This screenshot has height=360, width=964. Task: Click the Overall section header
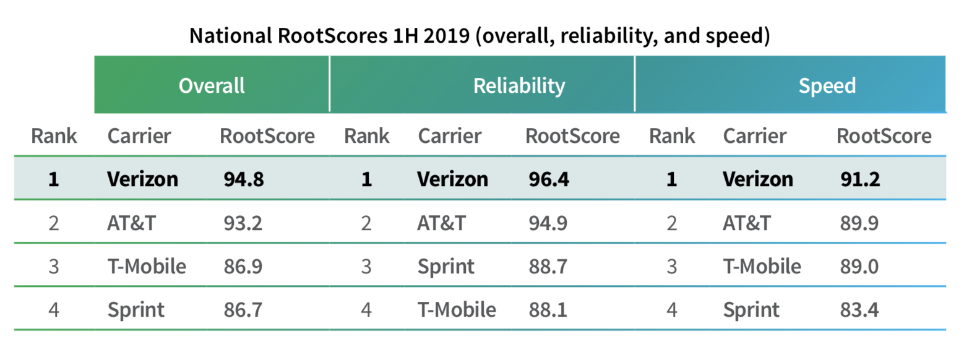tap(212, 85)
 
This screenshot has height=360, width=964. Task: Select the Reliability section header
tap(519, 85)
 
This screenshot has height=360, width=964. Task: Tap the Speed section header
tap(827, 85)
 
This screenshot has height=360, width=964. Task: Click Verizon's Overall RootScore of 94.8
tap(243, 179)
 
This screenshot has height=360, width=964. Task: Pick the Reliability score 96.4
tap(548, 179)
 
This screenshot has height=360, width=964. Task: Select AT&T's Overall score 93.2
tap(243, 223)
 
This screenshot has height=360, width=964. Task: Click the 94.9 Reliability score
tap(548, 223)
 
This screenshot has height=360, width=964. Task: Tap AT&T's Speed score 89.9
tap(858, 223)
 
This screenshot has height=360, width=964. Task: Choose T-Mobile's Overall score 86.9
tap(243, 266)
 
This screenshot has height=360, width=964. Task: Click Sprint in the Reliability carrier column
tap(445, 267)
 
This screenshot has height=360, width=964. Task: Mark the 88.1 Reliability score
tap(548, 309)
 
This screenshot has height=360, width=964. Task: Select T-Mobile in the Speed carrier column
tap(762, 266)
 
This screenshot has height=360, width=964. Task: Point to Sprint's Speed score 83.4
tap(858, 309)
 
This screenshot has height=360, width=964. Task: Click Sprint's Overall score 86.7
tap(243, 309)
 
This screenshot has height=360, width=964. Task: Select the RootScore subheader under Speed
tap(884, 135)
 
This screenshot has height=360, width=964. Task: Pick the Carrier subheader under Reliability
tap(450, 135)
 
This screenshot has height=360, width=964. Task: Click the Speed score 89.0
tap(858, 266)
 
